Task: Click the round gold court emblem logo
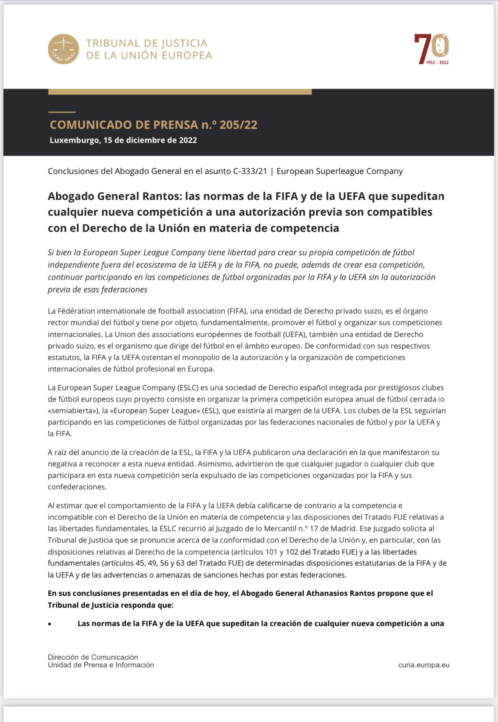[x=63, y=49]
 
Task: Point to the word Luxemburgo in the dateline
[x=74, y=140]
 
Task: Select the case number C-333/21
[x=250, y=171]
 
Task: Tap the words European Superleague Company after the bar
[x=339, y=171]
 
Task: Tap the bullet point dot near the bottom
[x=50, y=624]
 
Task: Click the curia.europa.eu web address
[x=424, y=665]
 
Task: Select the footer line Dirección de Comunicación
[x=93, y=657]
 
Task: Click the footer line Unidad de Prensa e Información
[x=100, y=665]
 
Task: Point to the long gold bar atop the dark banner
[x=180, y=92]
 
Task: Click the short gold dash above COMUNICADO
[x=62, y=112]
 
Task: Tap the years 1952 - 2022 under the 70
[x=437, y=63]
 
